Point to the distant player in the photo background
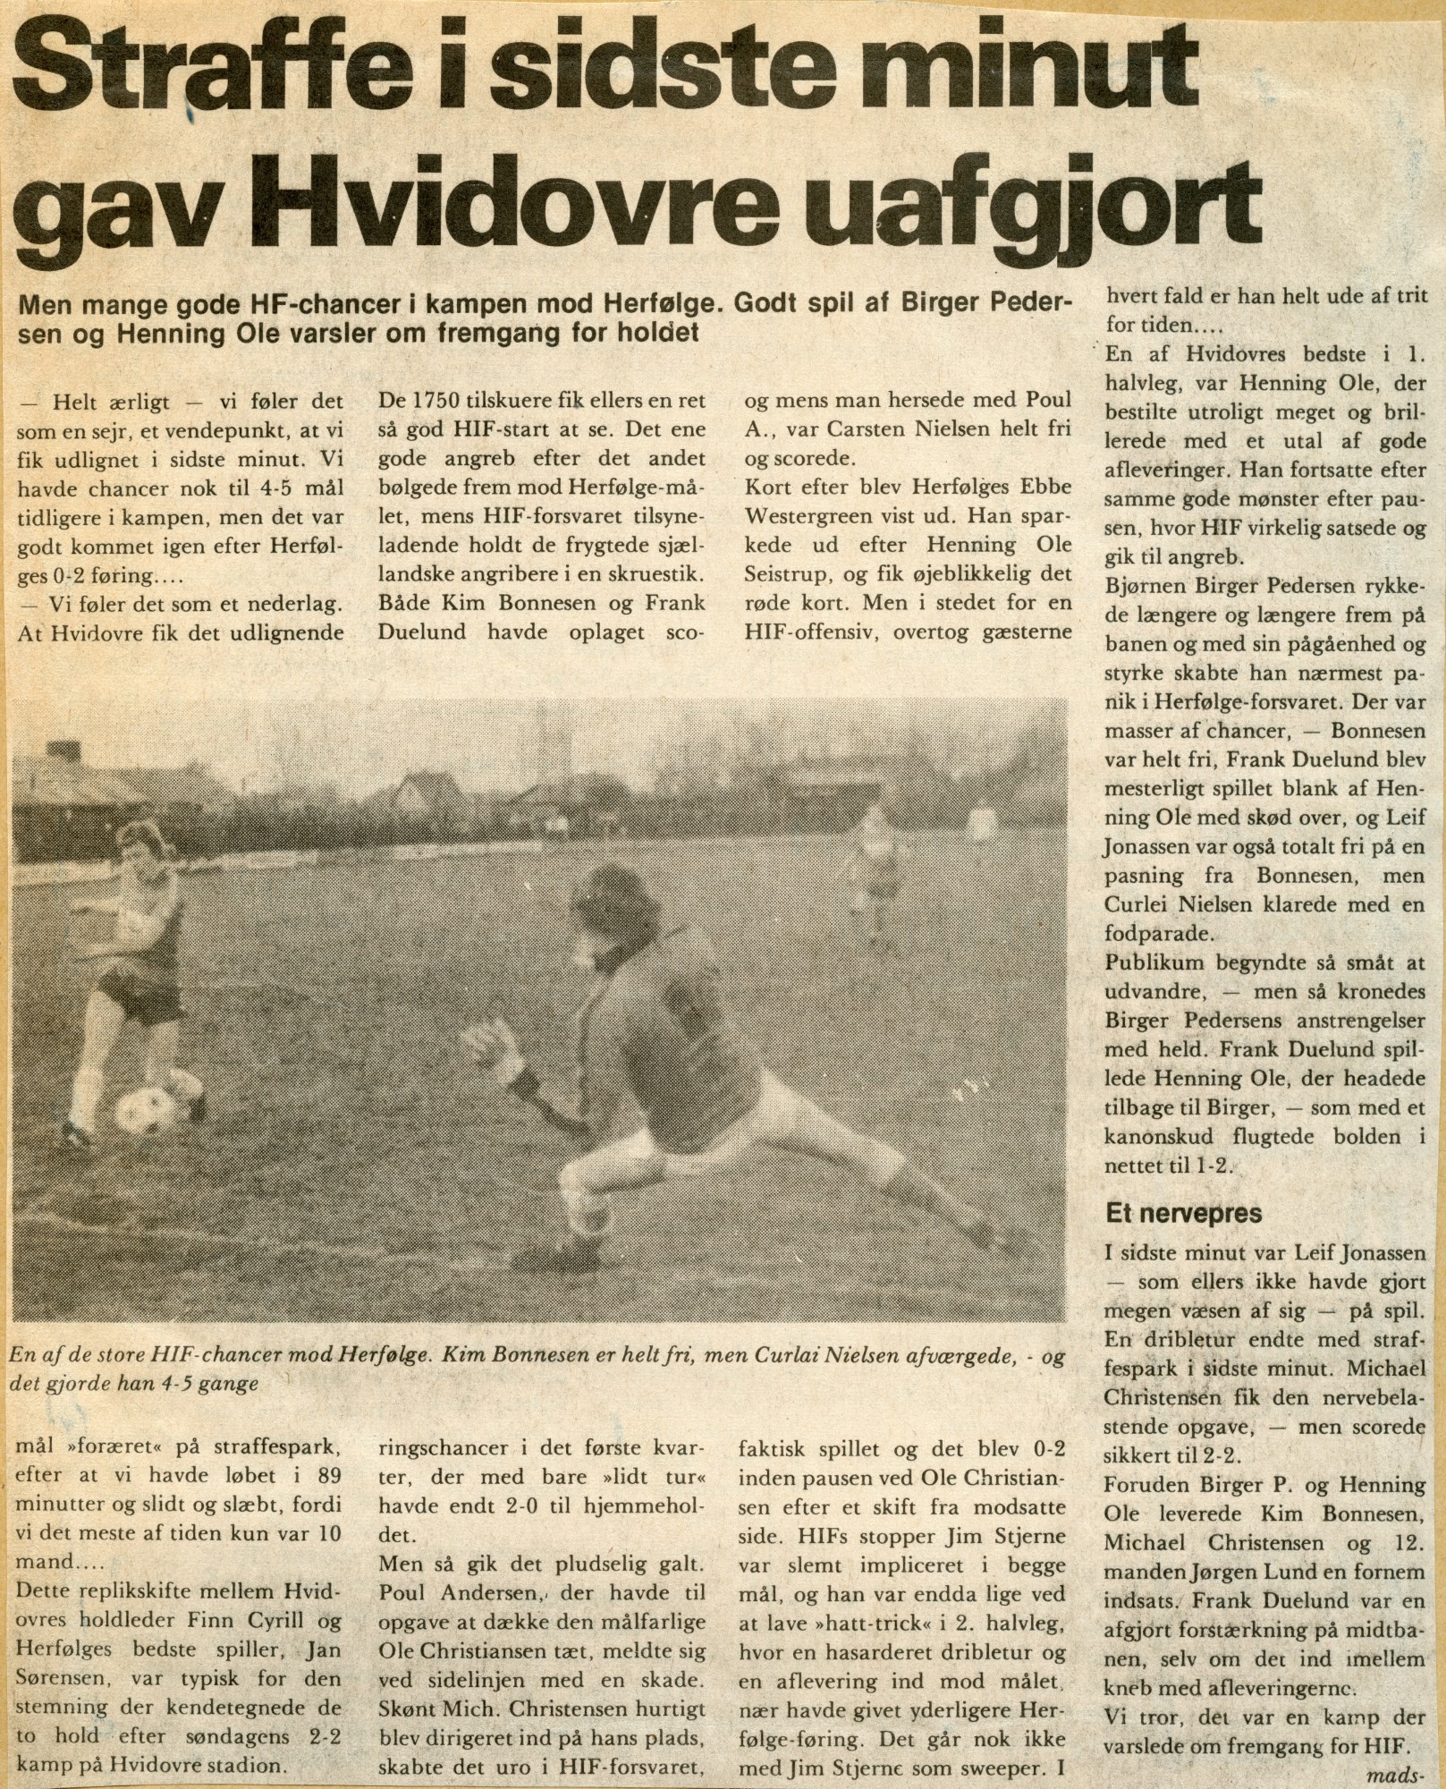tap(875, 859)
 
